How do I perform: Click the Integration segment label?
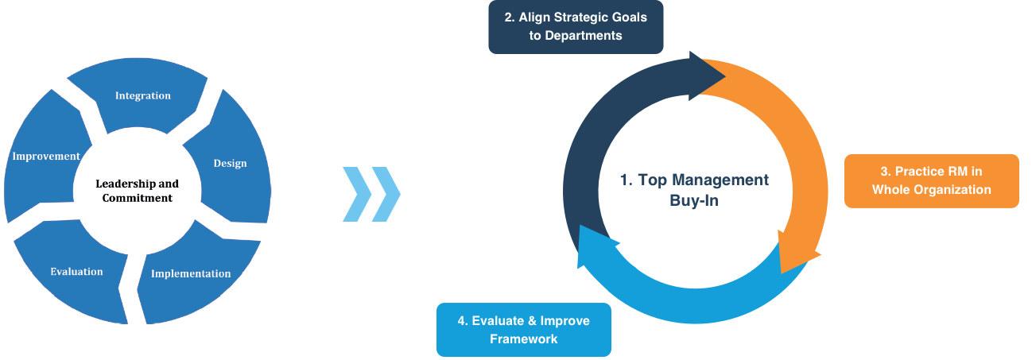point(143,95)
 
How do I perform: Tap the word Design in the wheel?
point(230,164)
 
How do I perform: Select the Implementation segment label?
point(191,274)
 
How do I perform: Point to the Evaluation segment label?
point(76,272)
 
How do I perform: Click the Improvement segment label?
point(46,157)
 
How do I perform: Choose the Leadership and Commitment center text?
point(138,191)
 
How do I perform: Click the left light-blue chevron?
point(357,194)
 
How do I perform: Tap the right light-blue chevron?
point(386,194)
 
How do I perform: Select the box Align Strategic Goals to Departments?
point(576,27)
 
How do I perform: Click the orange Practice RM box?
point(932,181)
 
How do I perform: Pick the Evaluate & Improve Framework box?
point(524,330)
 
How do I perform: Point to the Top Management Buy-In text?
point(694,190)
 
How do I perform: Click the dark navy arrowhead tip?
point(726,76)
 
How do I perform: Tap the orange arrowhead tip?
point(782,274)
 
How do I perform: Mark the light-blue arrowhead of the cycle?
point(579,268)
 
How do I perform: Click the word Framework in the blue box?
point(524,339)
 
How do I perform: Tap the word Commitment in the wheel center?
point(138,198)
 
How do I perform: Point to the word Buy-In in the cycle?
point(694,201)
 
